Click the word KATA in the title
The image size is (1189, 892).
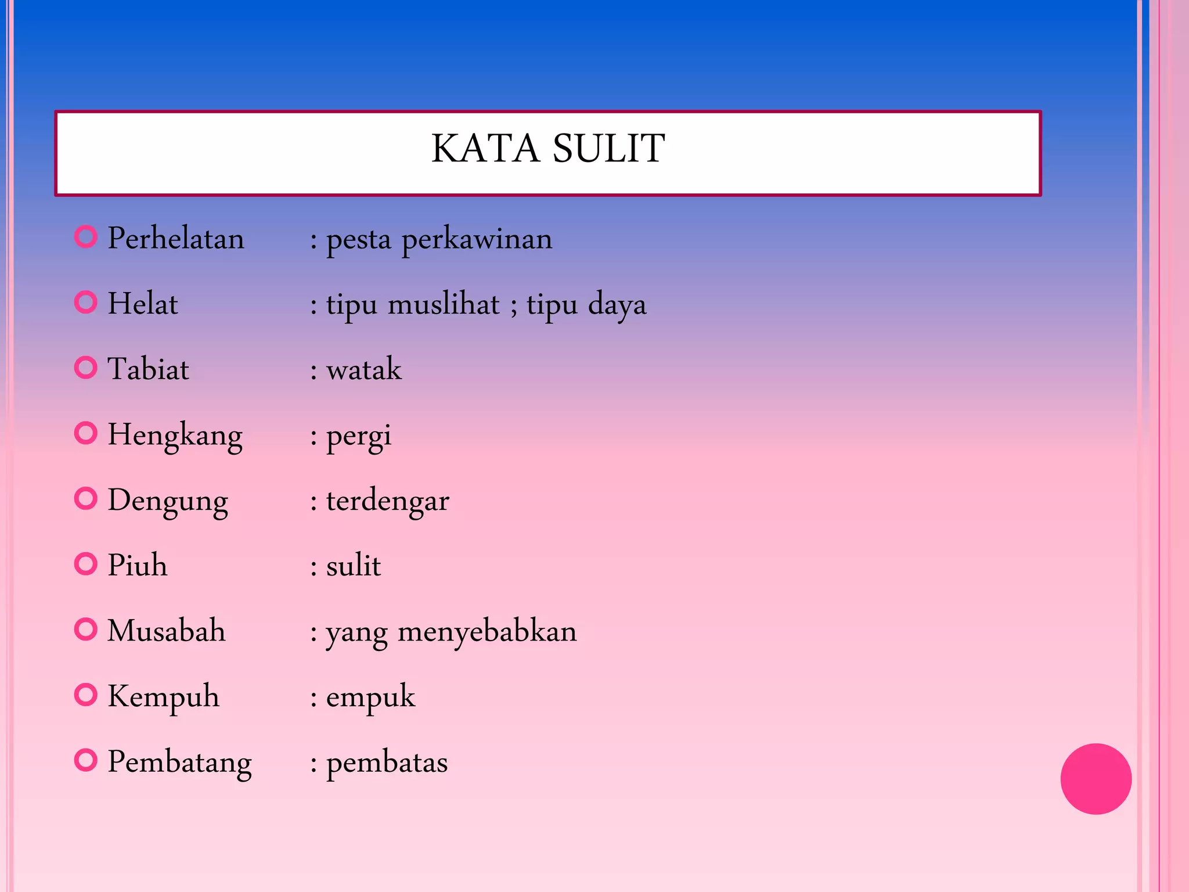coord(485,149)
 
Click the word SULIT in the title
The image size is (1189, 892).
coord(608,149)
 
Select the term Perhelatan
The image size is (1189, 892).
coord(176,239)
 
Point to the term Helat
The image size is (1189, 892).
coord(143,304)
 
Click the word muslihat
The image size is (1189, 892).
coord(444,304)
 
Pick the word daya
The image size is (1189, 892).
coord(617,305)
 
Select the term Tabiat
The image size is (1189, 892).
coord(149,369)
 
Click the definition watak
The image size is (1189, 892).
coord(364,369)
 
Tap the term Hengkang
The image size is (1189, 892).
coord(175,436)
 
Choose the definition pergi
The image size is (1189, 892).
coord(359,437)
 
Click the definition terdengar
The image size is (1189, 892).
coord(388,501)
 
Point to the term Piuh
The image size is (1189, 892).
coord(138,565)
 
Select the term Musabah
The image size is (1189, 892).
coord(167,631)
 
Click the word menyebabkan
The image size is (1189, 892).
coord(487,631)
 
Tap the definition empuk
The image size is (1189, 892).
coord(371,697)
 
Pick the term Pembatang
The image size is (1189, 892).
coord(180,762)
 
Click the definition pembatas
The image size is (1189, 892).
coord(387,762)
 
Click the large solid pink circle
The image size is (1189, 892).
coord(1096,779)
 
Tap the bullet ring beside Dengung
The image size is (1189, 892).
coord(86,498)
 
